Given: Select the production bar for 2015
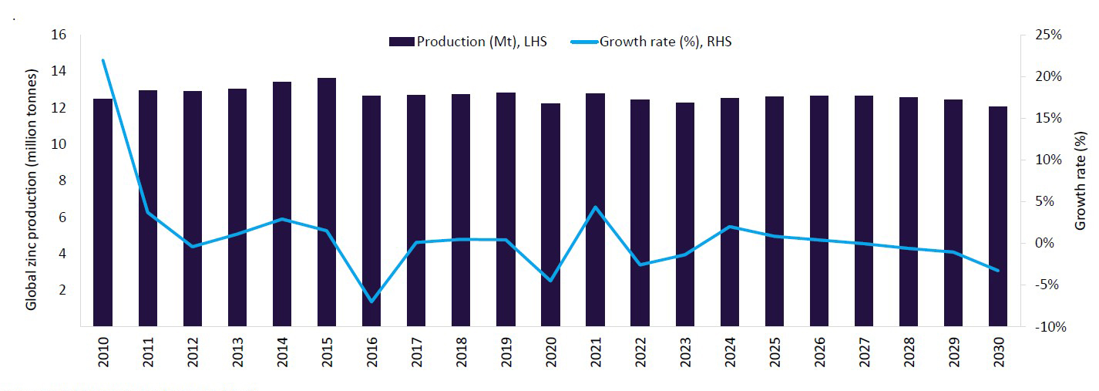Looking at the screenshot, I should [327, 202].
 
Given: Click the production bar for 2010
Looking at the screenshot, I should [103, 212].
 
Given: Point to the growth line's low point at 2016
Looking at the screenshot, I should [371, 301].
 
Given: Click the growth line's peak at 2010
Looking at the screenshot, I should [103, 60].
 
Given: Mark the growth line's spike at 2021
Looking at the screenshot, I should [595, 207].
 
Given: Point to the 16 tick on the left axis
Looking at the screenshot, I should [59, 35].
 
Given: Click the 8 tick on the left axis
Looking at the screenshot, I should [62, 180].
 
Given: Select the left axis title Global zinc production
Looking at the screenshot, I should [32, 190].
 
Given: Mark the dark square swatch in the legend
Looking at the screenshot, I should [402, 42].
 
